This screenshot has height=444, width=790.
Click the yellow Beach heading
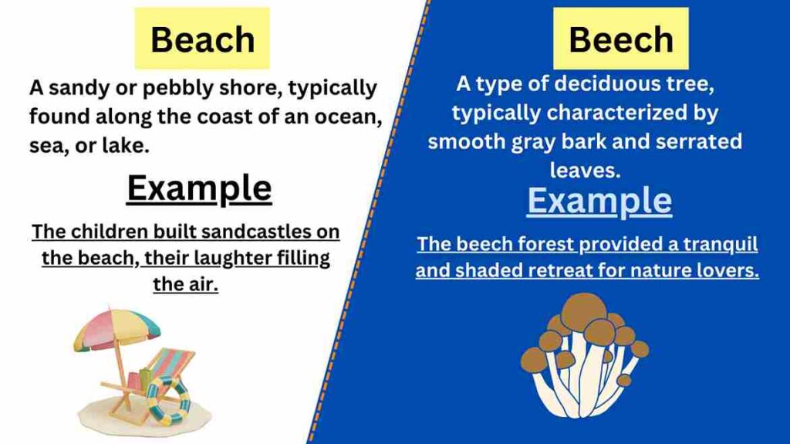(202, 39)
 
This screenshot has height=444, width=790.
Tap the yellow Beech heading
(620, 39)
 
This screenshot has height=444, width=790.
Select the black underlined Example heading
(199, 188)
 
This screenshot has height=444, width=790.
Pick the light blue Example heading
(599, 201)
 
